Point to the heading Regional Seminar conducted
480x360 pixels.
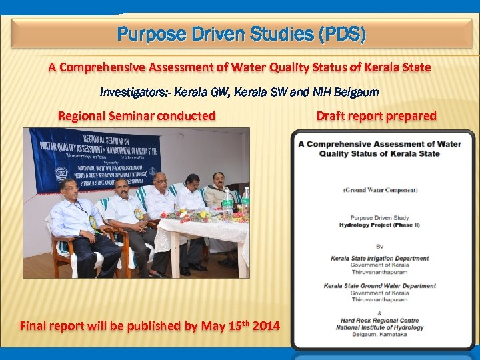(137, 116)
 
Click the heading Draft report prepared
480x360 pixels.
(376, 116)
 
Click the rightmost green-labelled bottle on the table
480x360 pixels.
(245, 198)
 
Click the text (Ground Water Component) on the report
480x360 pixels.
(380, 189)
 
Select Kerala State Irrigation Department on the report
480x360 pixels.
(380, 258)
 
